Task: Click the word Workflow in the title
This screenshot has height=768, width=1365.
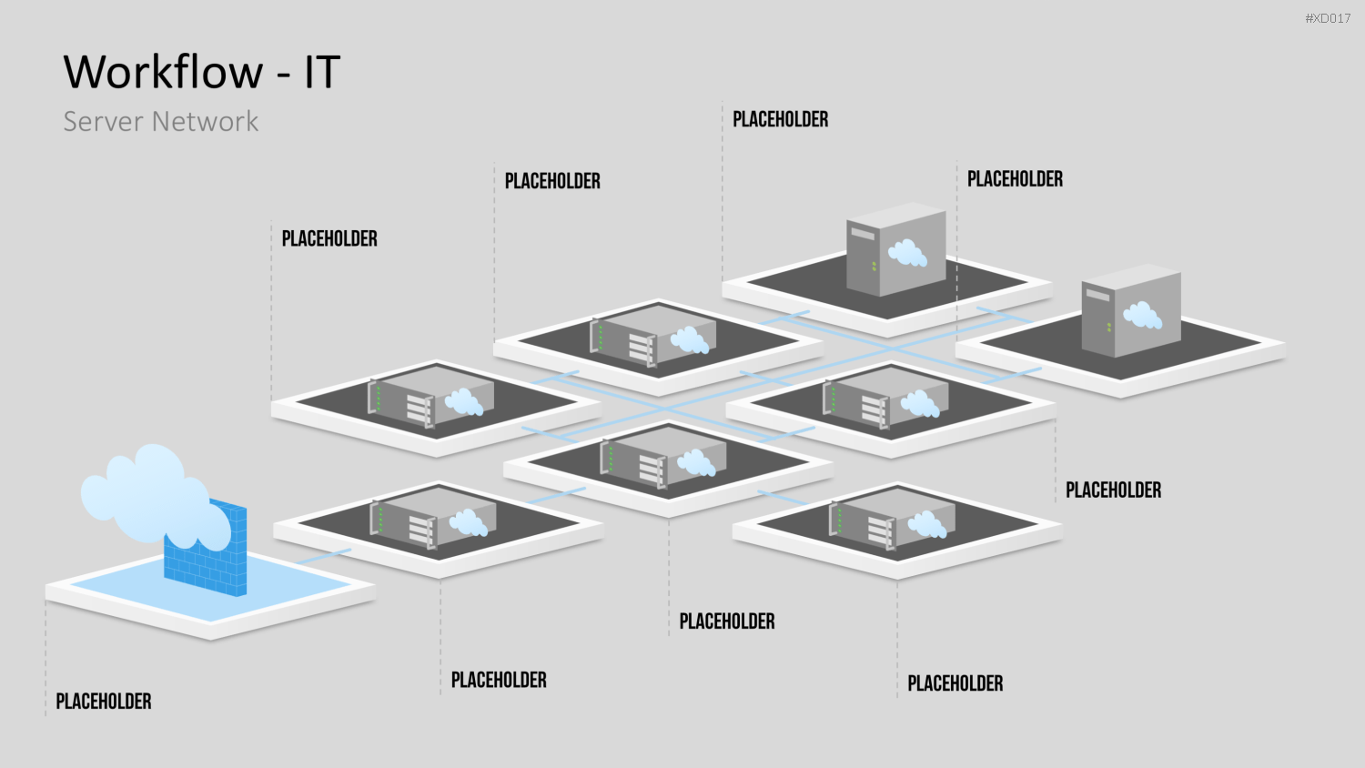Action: (163, 72)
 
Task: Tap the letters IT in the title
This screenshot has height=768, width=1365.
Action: (322, 72)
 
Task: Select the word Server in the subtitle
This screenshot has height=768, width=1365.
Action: (104, 121)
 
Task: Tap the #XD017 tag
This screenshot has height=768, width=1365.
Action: (1328, 18)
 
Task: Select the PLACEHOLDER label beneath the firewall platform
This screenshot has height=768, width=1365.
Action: (104, 701)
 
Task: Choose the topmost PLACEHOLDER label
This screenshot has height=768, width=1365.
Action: (781, 119)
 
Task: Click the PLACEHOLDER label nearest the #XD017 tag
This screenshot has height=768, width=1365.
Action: (1016, 178)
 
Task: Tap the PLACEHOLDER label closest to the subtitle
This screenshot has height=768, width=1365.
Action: (329, 238)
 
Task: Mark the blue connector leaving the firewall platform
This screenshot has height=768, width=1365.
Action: (324, 557)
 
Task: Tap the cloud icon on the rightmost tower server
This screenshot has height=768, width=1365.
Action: (1143, 315)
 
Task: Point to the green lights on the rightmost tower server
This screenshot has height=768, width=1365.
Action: (1109, 328)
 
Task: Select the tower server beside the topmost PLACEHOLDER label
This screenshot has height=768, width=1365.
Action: (895, 250)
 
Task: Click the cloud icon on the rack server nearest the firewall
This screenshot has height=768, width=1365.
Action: (469, 522)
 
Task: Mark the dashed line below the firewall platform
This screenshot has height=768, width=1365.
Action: (45, 658)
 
